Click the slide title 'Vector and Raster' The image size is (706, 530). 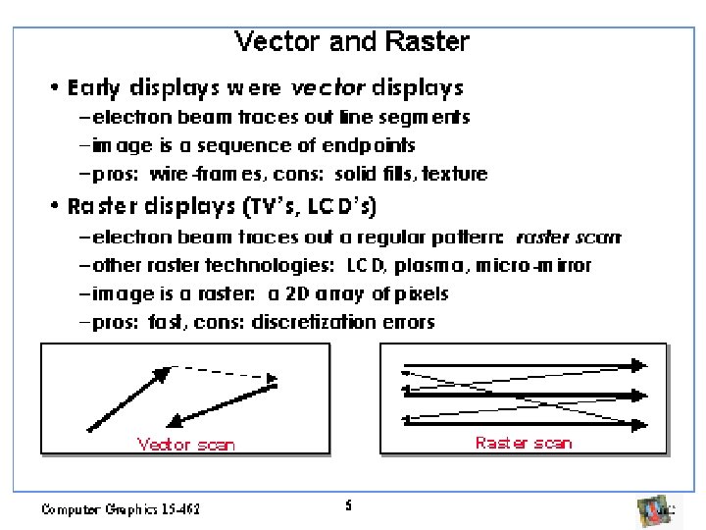(x=352, y=42)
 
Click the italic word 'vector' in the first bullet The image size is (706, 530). (x=328, y=88)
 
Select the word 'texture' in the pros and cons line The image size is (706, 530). (x=454, y=174)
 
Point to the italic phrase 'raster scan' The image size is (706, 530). (x=568, y=237)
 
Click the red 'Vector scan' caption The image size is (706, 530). (x=186, y=445)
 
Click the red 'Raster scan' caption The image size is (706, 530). (x=524, y=443)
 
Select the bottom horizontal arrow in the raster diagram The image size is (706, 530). (x=524, y=423)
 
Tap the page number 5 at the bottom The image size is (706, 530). (x=348, y=506)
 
